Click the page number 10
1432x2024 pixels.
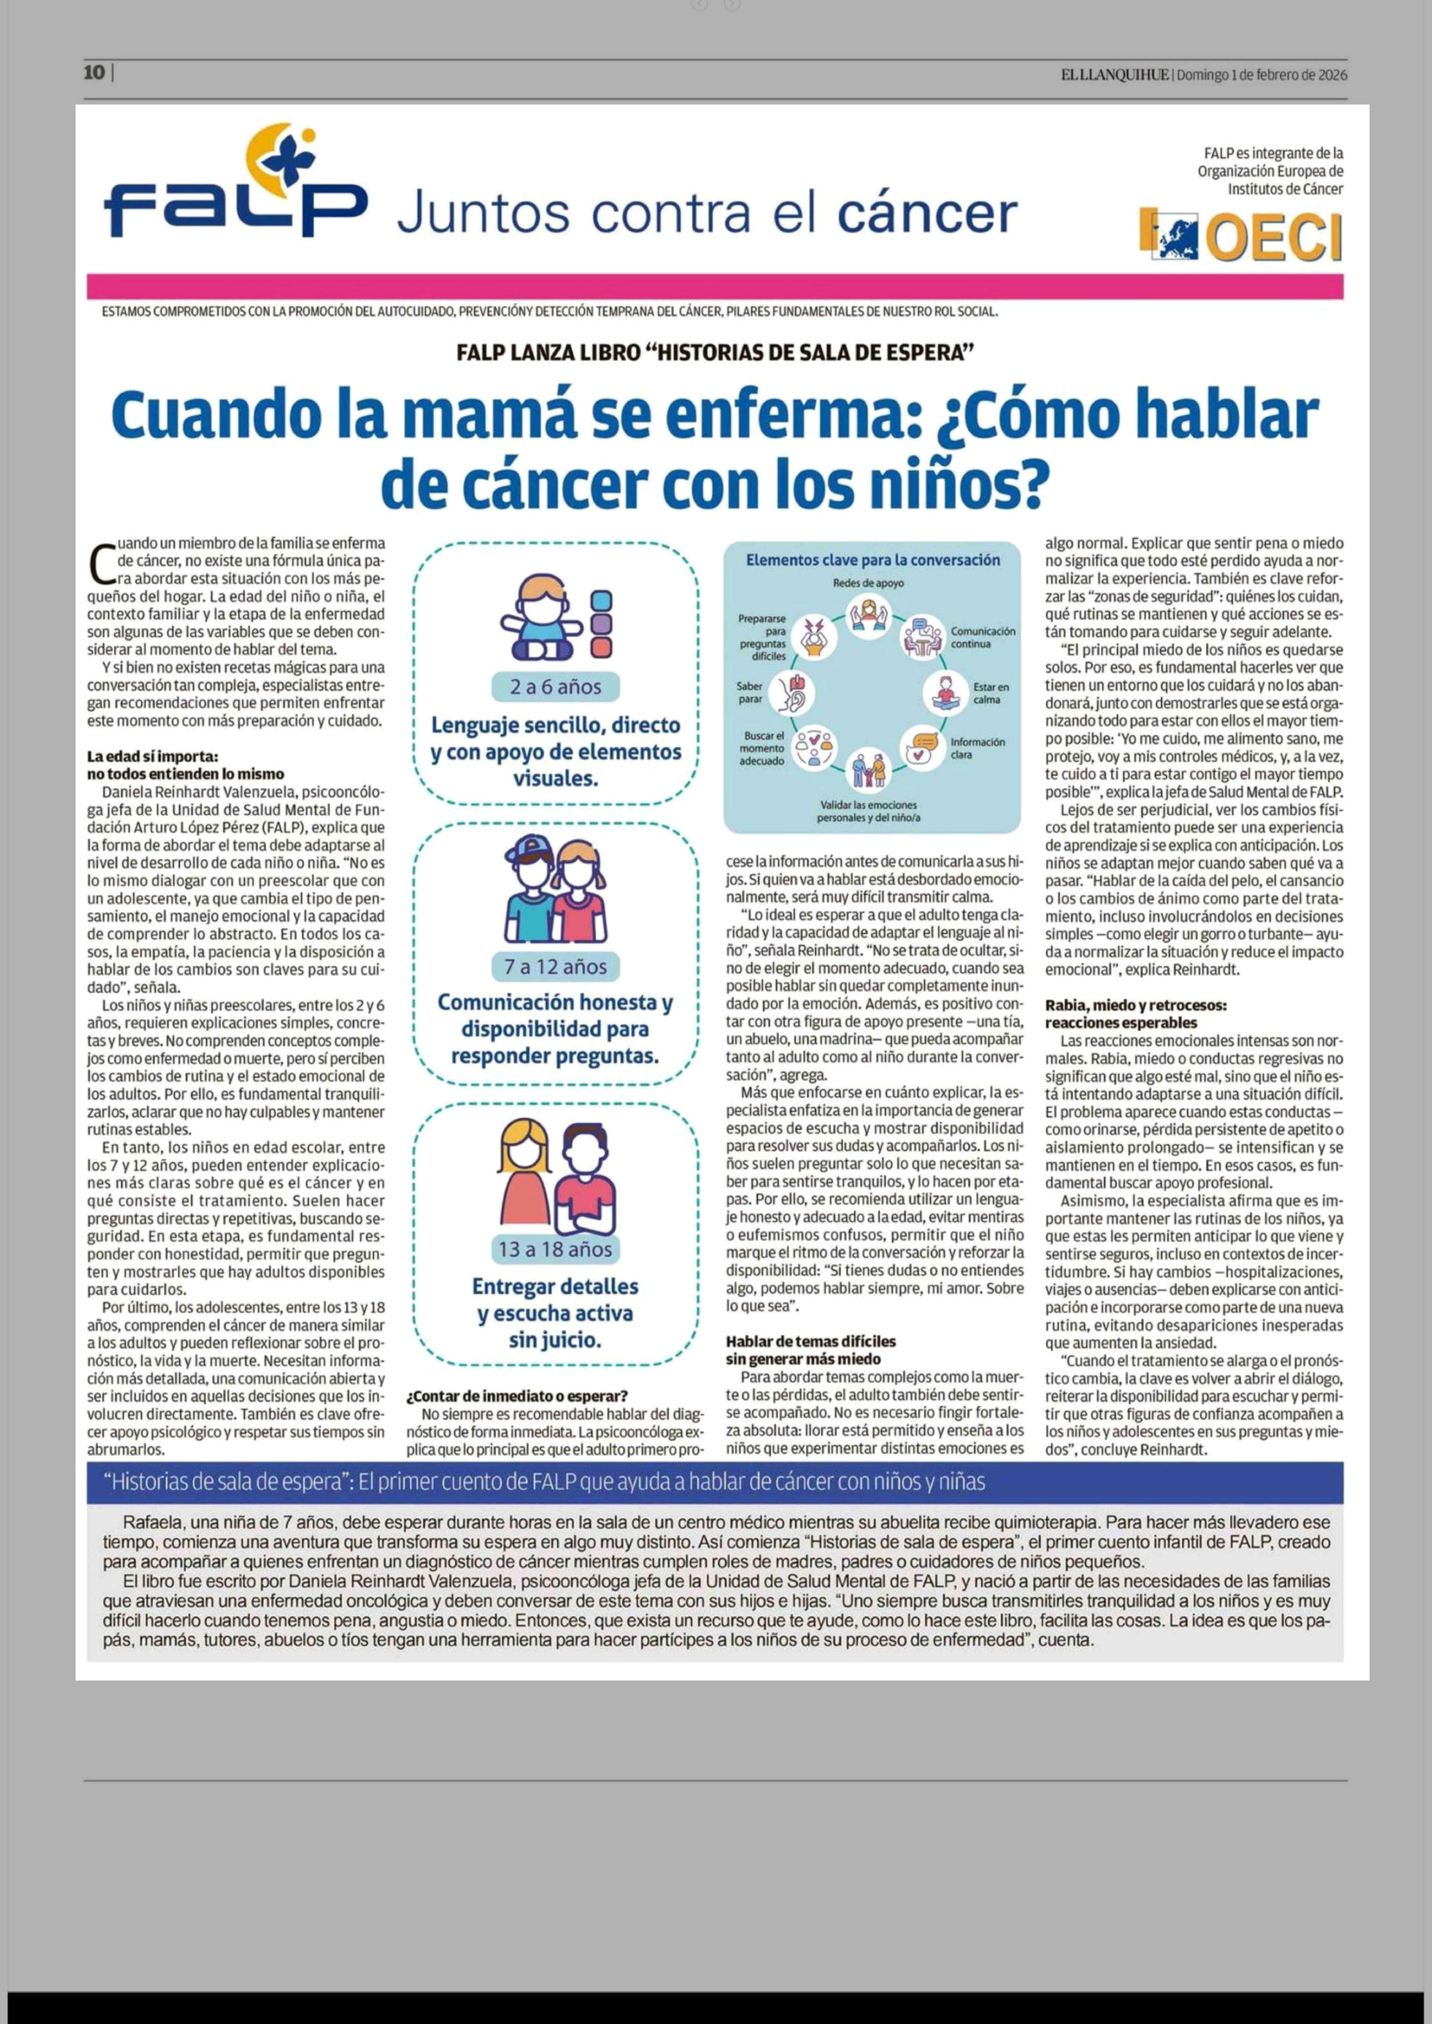click(x=94, y=74)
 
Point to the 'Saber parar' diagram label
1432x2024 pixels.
click(x=750, y=692)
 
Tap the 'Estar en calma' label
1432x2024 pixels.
click(x=991, y=693)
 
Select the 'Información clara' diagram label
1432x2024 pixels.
click(x=977, y=748)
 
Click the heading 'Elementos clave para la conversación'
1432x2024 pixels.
click(x=873, y=560)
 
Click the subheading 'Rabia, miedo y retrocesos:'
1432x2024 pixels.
click(x=1136, y=1005)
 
